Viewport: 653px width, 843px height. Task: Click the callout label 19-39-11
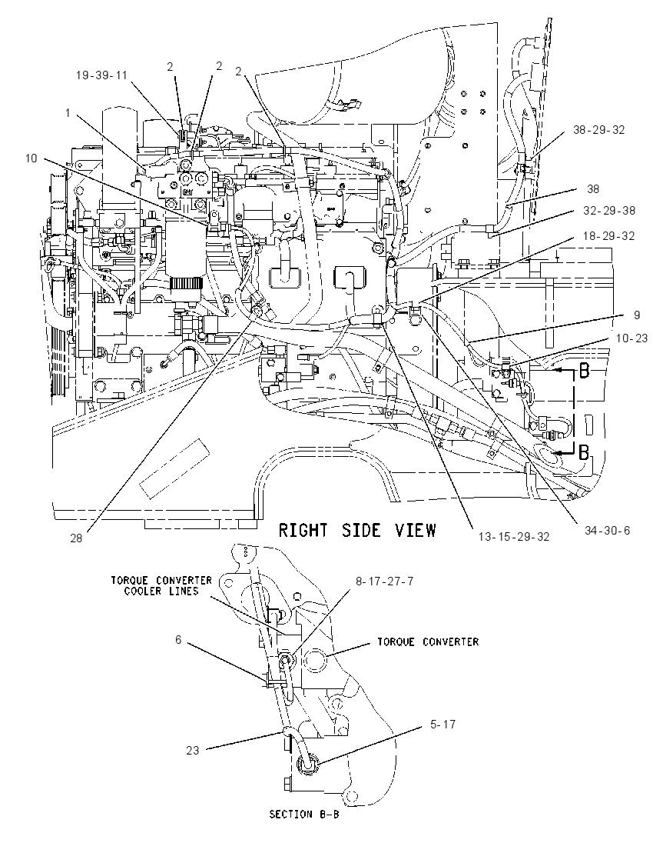[x=101, y=75]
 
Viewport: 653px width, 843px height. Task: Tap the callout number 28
[x=76, y=538]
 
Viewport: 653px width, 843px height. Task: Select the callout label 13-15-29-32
[x=514, y=537]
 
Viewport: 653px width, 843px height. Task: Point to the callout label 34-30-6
[x=608, y=530]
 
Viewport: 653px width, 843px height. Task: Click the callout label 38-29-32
[x=598, y=129]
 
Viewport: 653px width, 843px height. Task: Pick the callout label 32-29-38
[x=609, y=210]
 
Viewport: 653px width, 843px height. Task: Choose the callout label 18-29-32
[x=609, y=235]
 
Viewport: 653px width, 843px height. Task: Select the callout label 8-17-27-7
[x=384, y=581]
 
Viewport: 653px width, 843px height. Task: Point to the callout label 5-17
[x=443, y=725]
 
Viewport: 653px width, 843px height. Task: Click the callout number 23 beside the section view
[x=193, y=750]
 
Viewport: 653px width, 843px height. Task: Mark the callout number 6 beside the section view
[x=178, y=640]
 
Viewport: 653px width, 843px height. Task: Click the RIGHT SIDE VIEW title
[x=357, y=530]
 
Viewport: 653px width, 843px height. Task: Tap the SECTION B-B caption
[x=304, y=814]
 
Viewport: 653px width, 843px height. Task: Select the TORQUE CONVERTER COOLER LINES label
[x=161, y=586]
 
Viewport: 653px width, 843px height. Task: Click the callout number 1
[x=68, y=113]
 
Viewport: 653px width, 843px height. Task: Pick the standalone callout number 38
[x=593, y=188]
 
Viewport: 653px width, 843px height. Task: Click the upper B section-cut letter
[x=585, y=372]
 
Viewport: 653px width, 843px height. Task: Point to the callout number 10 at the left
[x=31, y=158]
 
